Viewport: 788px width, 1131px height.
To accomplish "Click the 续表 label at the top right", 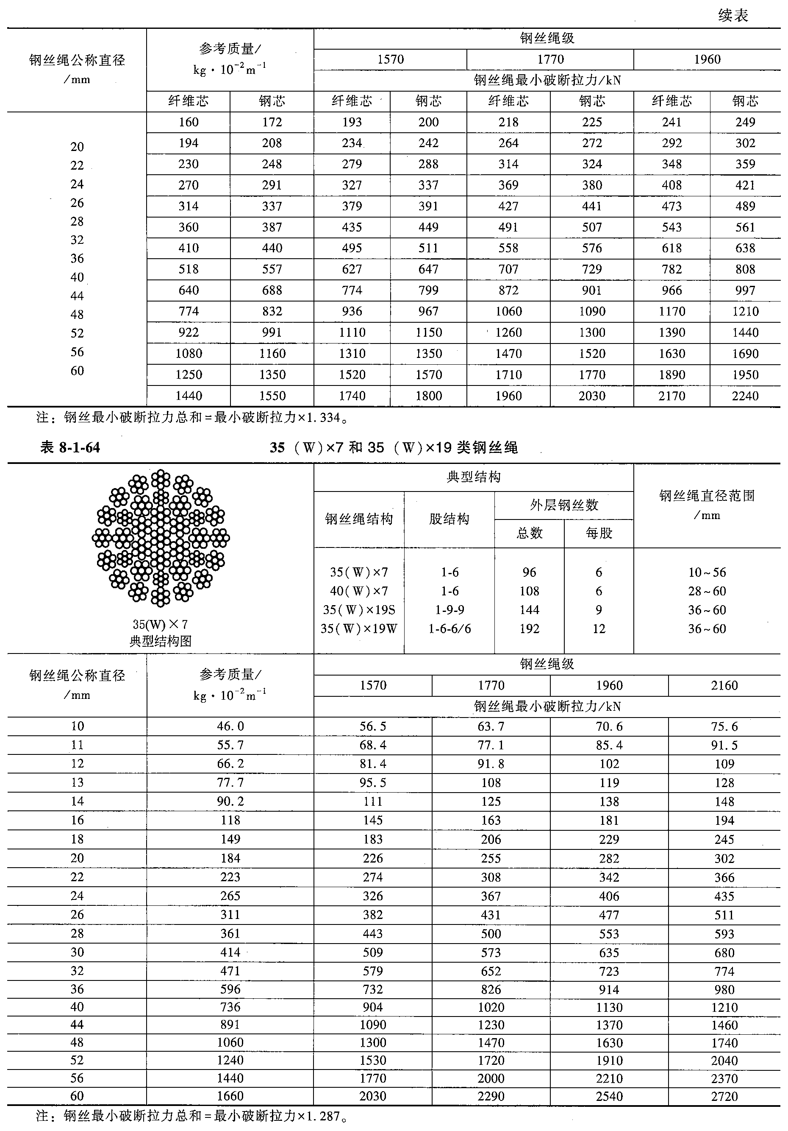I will [733, 15].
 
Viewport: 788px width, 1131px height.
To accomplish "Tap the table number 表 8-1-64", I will [70, 447].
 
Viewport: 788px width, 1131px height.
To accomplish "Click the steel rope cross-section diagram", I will [161, 537].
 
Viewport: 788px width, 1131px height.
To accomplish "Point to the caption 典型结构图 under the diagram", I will [161, 641].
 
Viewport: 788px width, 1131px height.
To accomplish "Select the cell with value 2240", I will [745, 396].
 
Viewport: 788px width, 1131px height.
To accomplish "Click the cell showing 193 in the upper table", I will [352, 122].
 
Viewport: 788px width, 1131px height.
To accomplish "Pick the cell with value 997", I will [745, 290].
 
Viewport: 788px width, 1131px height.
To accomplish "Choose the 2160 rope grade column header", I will [724, 685].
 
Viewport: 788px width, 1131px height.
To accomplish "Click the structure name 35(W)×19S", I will [359, 610].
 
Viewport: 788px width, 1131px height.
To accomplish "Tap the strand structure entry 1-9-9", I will [449, 610].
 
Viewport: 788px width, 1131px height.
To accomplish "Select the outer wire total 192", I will [529, 628].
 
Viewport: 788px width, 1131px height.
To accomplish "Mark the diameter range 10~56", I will [707, 572].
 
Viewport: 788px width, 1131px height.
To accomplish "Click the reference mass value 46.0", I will [230, 726].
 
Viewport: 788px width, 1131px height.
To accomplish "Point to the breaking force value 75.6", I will [724, 726].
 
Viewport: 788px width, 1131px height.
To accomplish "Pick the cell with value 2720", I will [724, 1096].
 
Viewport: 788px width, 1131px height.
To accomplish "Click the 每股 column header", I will [599, 533].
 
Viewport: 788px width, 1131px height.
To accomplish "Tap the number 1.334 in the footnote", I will [323, 418].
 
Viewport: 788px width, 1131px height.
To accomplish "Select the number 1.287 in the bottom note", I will [323, 1116].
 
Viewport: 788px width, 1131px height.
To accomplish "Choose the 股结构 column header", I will [449, 519].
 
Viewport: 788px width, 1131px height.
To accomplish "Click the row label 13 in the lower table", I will [77, 782].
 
